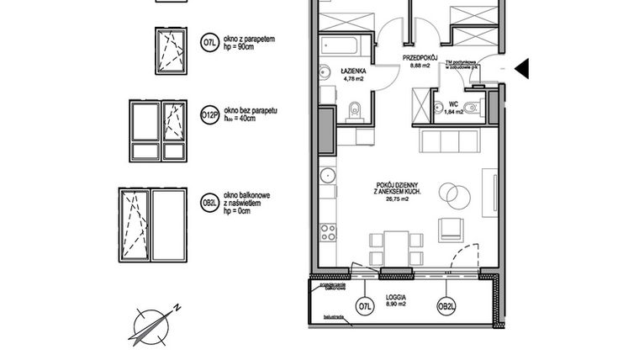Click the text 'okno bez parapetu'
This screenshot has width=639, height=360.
251,111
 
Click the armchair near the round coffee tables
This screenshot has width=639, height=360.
451,227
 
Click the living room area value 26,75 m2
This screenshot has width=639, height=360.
398,200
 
